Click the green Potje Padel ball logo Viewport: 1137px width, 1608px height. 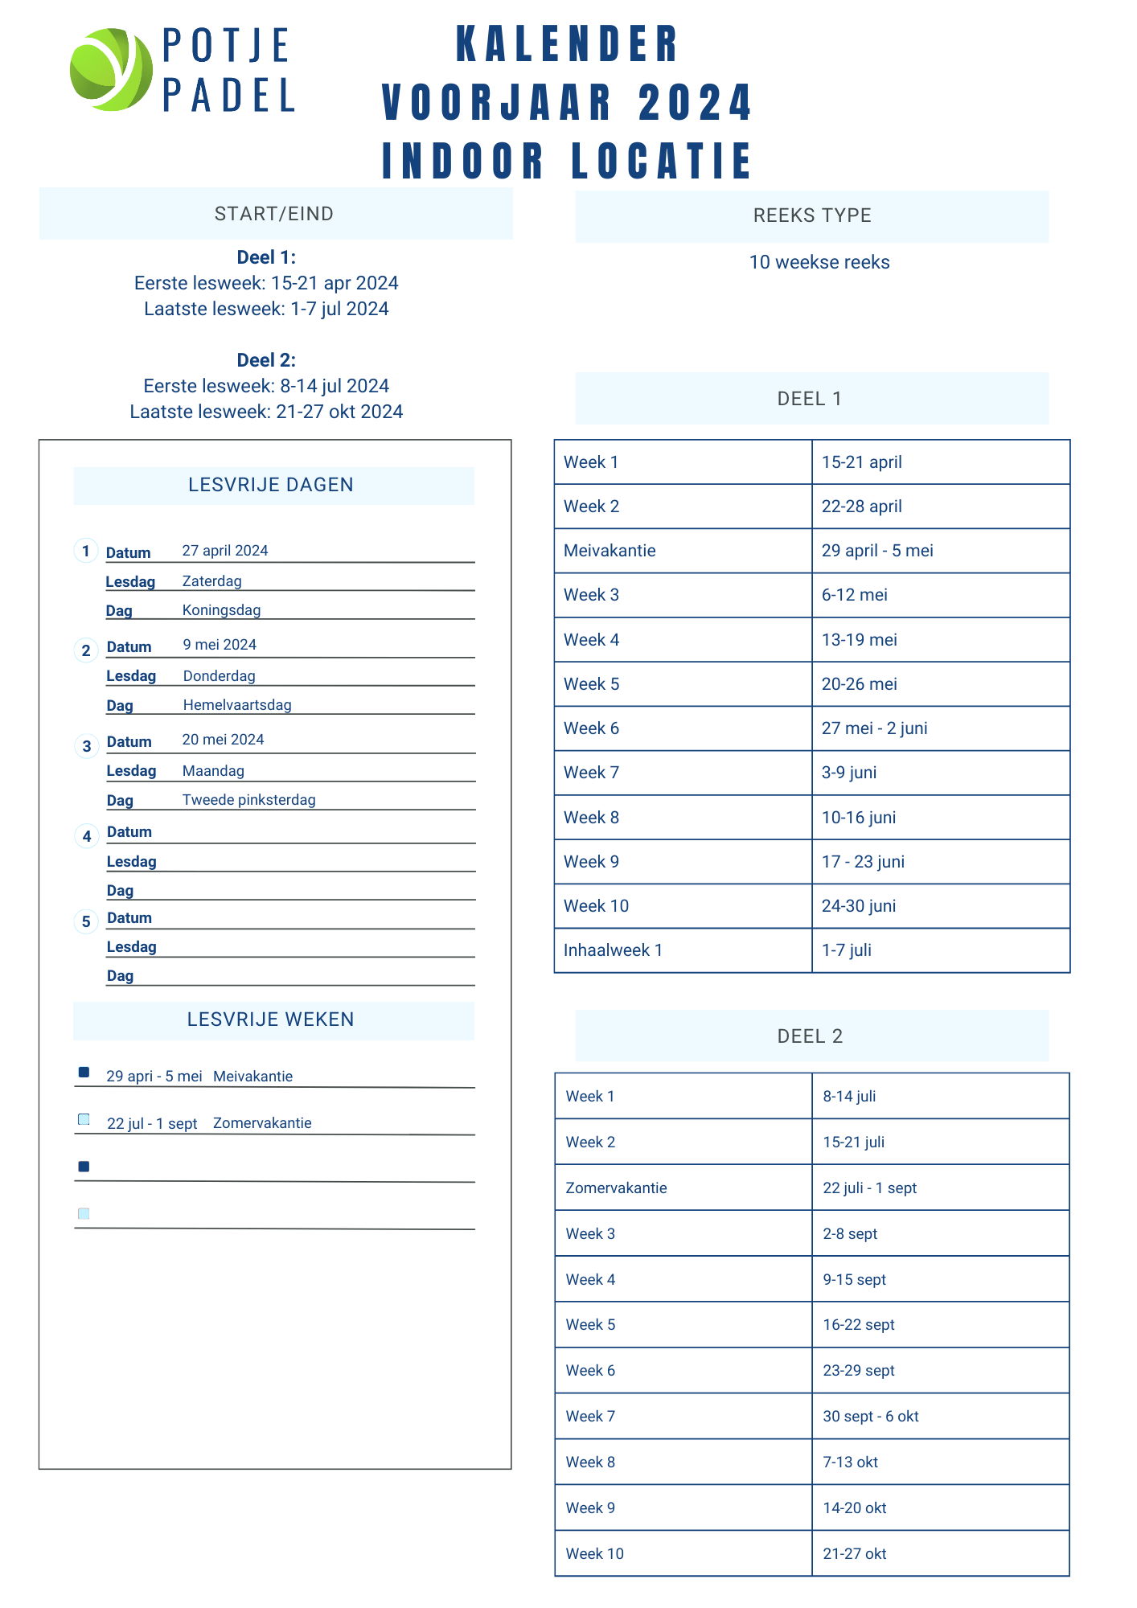tap(111, 69)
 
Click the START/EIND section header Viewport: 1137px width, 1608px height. tap(274, 214)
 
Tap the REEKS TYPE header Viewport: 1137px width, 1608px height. tap(812, 215)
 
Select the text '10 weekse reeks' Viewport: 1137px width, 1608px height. tap(819, 262)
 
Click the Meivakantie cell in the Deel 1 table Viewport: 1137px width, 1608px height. tap(610, 551)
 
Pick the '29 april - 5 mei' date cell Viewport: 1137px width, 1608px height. tap(877, 551)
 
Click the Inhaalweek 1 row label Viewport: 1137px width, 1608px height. tap(613, 950)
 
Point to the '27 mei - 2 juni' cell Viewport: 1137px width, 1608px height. tap(874, 728)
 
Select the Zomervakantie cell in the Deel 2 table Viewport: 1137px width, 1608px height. tap(616, 1188)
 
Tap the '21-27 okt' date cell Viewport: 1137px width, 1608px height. tap(854, 1553)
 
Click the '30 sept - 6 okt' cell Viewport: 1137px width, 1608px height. tap(870, 1416)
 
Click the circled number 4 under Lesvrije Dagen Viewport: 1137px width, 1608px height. tap(87, 836)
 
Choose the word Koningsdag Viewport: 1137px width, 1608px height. tap(221, 610)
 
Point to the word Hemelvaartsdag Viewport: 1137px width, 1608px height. tap(237, 705)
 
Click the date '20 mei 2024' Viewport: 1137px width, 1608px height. tap(223, 740)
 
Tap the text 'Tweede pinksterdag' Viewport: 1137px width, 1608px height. tap(248, 800)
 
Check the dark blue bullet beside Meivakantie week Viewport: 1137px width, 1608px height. tap(84, 1072)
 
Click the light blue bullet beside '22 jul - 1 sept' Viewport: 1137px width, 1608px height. tap(84, 1119)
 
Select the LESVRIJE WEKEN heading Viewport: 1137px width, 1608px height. tap(270, 1019)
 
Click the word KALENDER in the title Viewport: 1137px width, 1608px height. tap(568, 44)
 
